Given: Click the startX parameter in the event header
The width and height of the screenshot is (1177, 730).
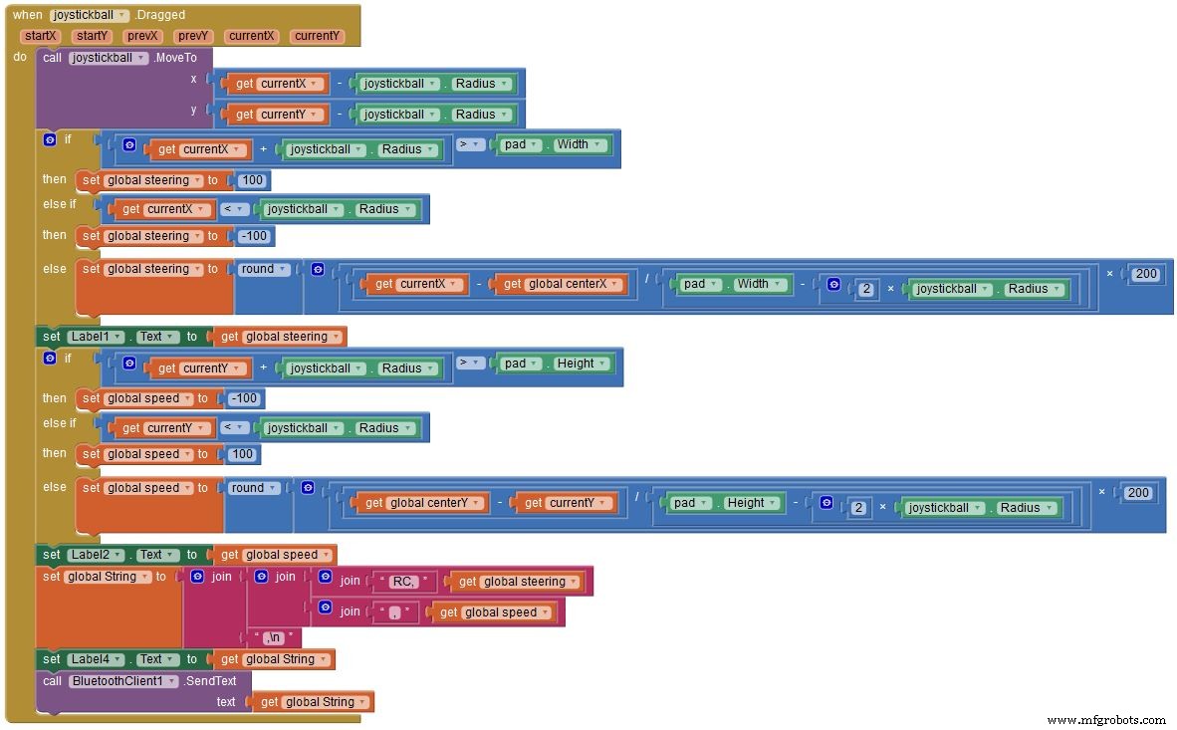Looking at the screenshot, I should click(41, 36).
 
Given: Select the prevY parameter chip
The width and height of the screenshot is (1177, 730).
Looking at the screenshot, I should click(191, 36).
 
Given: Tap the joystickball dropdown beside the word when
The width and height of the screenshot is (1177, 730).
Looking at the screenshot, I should click(90, 15).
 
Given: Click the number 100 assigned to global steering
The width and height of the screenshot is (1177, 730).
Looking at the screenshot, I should click(253, 180).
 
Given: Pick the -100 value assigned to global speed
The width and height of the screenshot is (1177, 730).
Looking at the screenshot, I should click(243, 398).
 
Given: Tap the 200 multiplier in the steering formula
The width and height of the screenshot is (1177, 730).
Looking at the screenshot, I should click(1146, 274).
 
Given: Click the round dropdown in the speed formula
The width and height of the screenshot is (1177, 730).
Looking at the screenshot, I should click(253, 488).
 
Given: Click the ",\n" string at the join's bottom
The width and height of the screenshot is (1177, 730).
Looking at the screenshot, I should click(274, 637).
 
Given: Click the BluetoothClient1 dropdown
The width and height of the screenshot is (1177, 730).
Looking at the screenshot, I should click(123, 681).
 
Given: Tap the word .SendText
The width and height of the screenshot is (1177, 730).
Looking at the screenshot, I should click(211, 681).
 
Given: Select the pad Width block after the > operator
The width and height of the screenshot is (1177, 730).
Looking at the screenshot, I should click(554, 144).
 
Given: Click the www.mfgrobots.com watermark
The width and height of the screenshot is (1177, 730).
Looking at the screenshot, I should click(1106, 719).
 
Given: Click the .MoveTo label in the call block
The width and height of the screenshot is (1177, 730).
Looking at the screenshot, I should click(175, 58).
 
